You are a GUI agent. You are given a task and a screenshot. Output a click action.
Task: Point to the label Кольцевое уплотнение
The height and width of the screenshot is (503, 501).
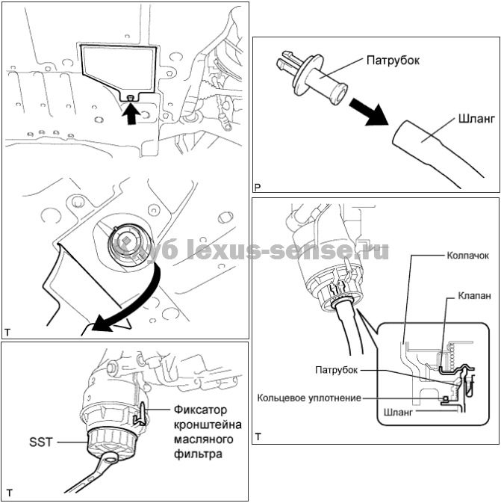coord(311,398)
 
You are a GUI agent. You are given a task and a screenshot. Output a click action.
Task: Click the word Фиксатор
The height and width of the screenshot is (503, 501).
coord(202,410)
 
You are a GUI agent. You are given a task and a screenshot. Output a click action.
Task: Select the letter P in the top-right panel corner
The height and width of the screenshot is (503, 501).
coord(258,185)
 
